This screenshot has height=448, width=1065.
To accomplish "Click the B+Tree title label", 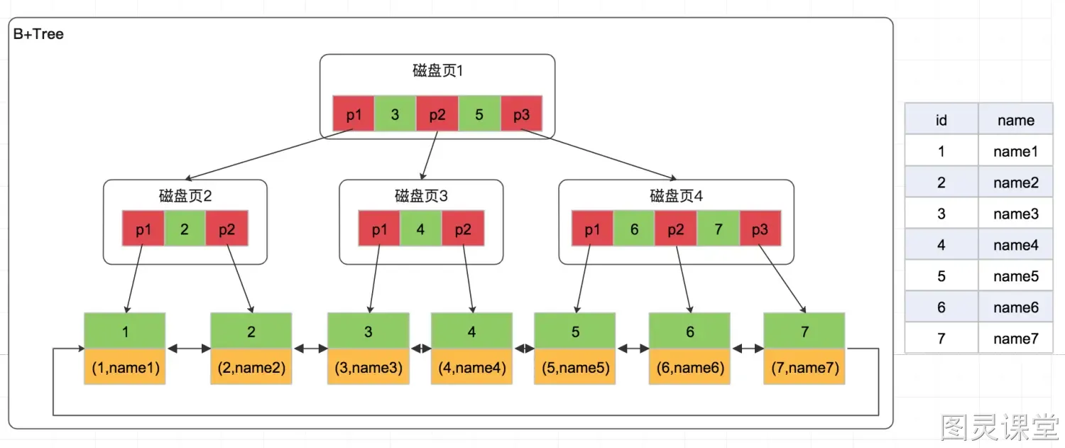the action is coord(38,34).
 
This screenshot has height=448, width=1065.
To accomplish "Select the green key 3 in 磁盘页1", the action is coord(395,114).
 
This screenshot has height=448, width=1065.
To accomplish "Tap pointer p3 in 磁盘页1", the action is coord(522,114).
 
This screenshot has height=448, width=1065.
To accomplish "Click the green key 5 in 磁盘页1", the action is coord(479,114).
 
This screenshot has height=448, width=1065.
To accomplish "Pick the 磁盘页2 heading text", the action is coord(185,195).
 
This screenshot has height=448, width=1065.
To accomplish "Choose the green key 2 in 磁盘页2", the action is coord(185,229).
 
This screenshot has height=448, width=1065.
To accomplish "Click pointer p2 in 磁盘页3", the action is coord(463,229).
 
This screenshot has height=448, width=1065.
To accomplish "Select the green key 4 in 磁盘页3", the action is coord(421,229).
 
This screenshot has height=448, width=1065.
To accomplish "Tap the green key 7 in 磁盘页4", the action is coord(719,229).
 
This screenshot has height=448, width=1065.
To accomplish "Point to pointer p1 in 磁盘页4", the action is coord(592,229).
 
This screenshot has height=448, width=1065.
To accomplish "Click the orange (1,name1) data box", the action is coord(125,366).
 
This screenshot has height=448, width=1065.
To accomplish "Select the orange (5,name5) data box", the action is coord(575,366).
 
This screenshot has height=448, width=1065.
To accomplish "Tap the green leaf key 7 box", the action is coord(804,331).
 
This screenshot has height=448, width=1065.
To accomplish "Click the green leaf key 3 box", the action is coord(368,331).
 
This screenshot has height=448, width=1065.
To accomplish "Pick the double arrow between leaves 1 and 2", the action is coord(189,349).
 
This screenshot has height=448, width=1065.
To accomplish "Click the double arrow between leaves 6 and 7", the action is coord(748,349).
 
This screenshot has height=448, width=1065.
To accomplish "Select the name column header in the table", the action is coord(1016,119).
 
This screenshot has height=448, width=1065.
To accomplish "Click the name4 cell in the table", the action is coord(1016,244).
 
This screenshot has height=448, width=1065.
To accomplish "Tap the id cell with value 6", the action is coord(941,307).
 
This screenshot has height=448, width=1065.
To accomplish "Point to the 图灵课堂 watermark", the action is coord(1000,427).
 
